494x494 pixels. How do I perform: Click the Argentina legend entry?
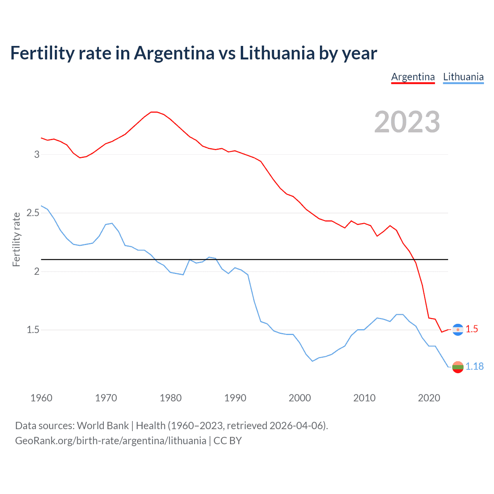coord(413,77)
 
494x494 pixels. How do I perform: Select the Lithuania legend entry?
coord(463,77)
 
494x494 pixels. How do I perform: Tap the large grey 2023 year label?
coord(407,122)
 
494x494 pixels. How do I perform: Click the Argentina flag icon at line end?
coord(458,330)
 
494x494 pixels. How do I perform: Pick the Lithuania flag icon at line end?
coord(458,367)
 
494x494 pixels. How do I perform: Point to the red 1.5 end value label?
coord(472,329)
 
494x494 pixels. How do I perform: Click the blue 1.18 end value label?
coord(474,366)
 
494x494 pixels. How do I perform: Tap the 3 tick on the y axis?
coord(37,154)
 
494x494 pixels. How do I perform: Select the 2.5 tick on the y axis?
coord(33,213)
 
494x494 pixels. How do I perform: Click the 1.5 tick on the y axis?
coord(33,330)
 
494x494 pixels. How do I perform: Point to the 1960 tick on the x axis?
coord(41,398)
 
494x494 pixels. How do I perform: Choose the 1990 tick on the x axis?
coord(235,398)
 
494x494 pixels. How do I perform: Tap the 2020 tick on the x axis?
coord(429,398)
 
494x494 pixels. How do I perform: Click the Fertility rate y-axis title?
coord(16,239)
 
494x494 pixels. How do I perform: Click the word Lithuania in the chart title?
coord(277,53)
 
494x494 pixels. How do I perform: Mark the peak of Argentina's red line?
coord(154,112)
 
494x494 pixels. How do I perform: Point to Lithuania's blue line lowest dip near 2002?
coord(313,361)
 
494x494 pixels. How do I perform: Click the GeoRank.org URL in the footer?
coord(110,441)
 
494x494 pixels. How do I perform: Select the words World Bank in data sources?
coord(103,426)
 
